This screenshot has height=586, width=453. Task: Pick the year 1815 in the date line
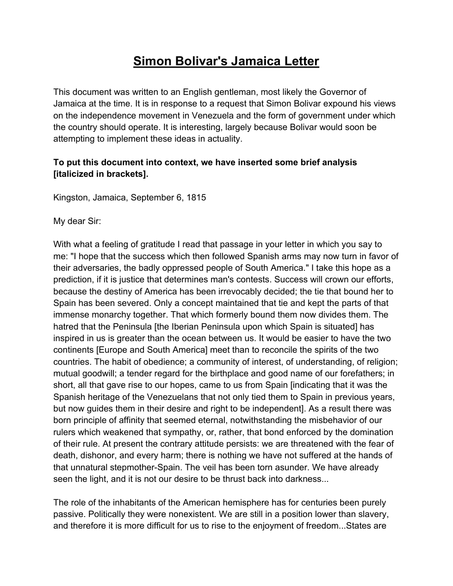pyautogui.click(x=196, y=198)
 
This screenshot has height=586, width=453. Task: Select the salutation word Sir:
pyautogui.click(x=94, y=221)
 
